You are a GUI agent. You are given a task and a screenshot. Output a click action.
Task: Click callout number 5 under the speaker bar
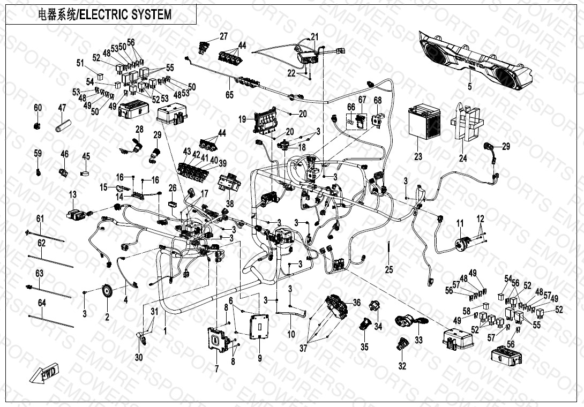(469, 86)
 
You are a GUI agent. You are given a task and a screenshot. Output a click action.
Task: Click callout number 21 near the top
(315, 36)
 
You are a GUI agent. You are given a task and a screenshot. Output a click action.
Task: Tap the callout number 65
(229, 95)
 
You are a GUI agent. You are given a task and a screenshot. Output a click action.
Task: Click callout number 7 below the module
(216, 368)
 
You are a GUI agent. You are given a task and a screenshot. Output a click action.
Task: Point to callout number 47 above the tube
(62, 108)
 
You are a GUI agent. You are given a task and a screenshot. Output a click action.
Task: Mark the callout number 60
(38, 108)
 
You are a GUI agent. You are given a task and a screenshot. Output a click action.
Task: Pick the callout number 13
(72, 194)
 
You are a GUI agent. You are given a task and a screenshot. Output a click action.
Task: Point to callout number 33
(419, 340)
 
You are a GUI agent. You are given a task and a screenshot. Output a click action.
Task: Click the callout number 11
(459, 222)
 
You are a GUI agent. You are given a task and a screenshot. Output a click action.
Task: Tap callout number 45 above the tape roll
(86, 156)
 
